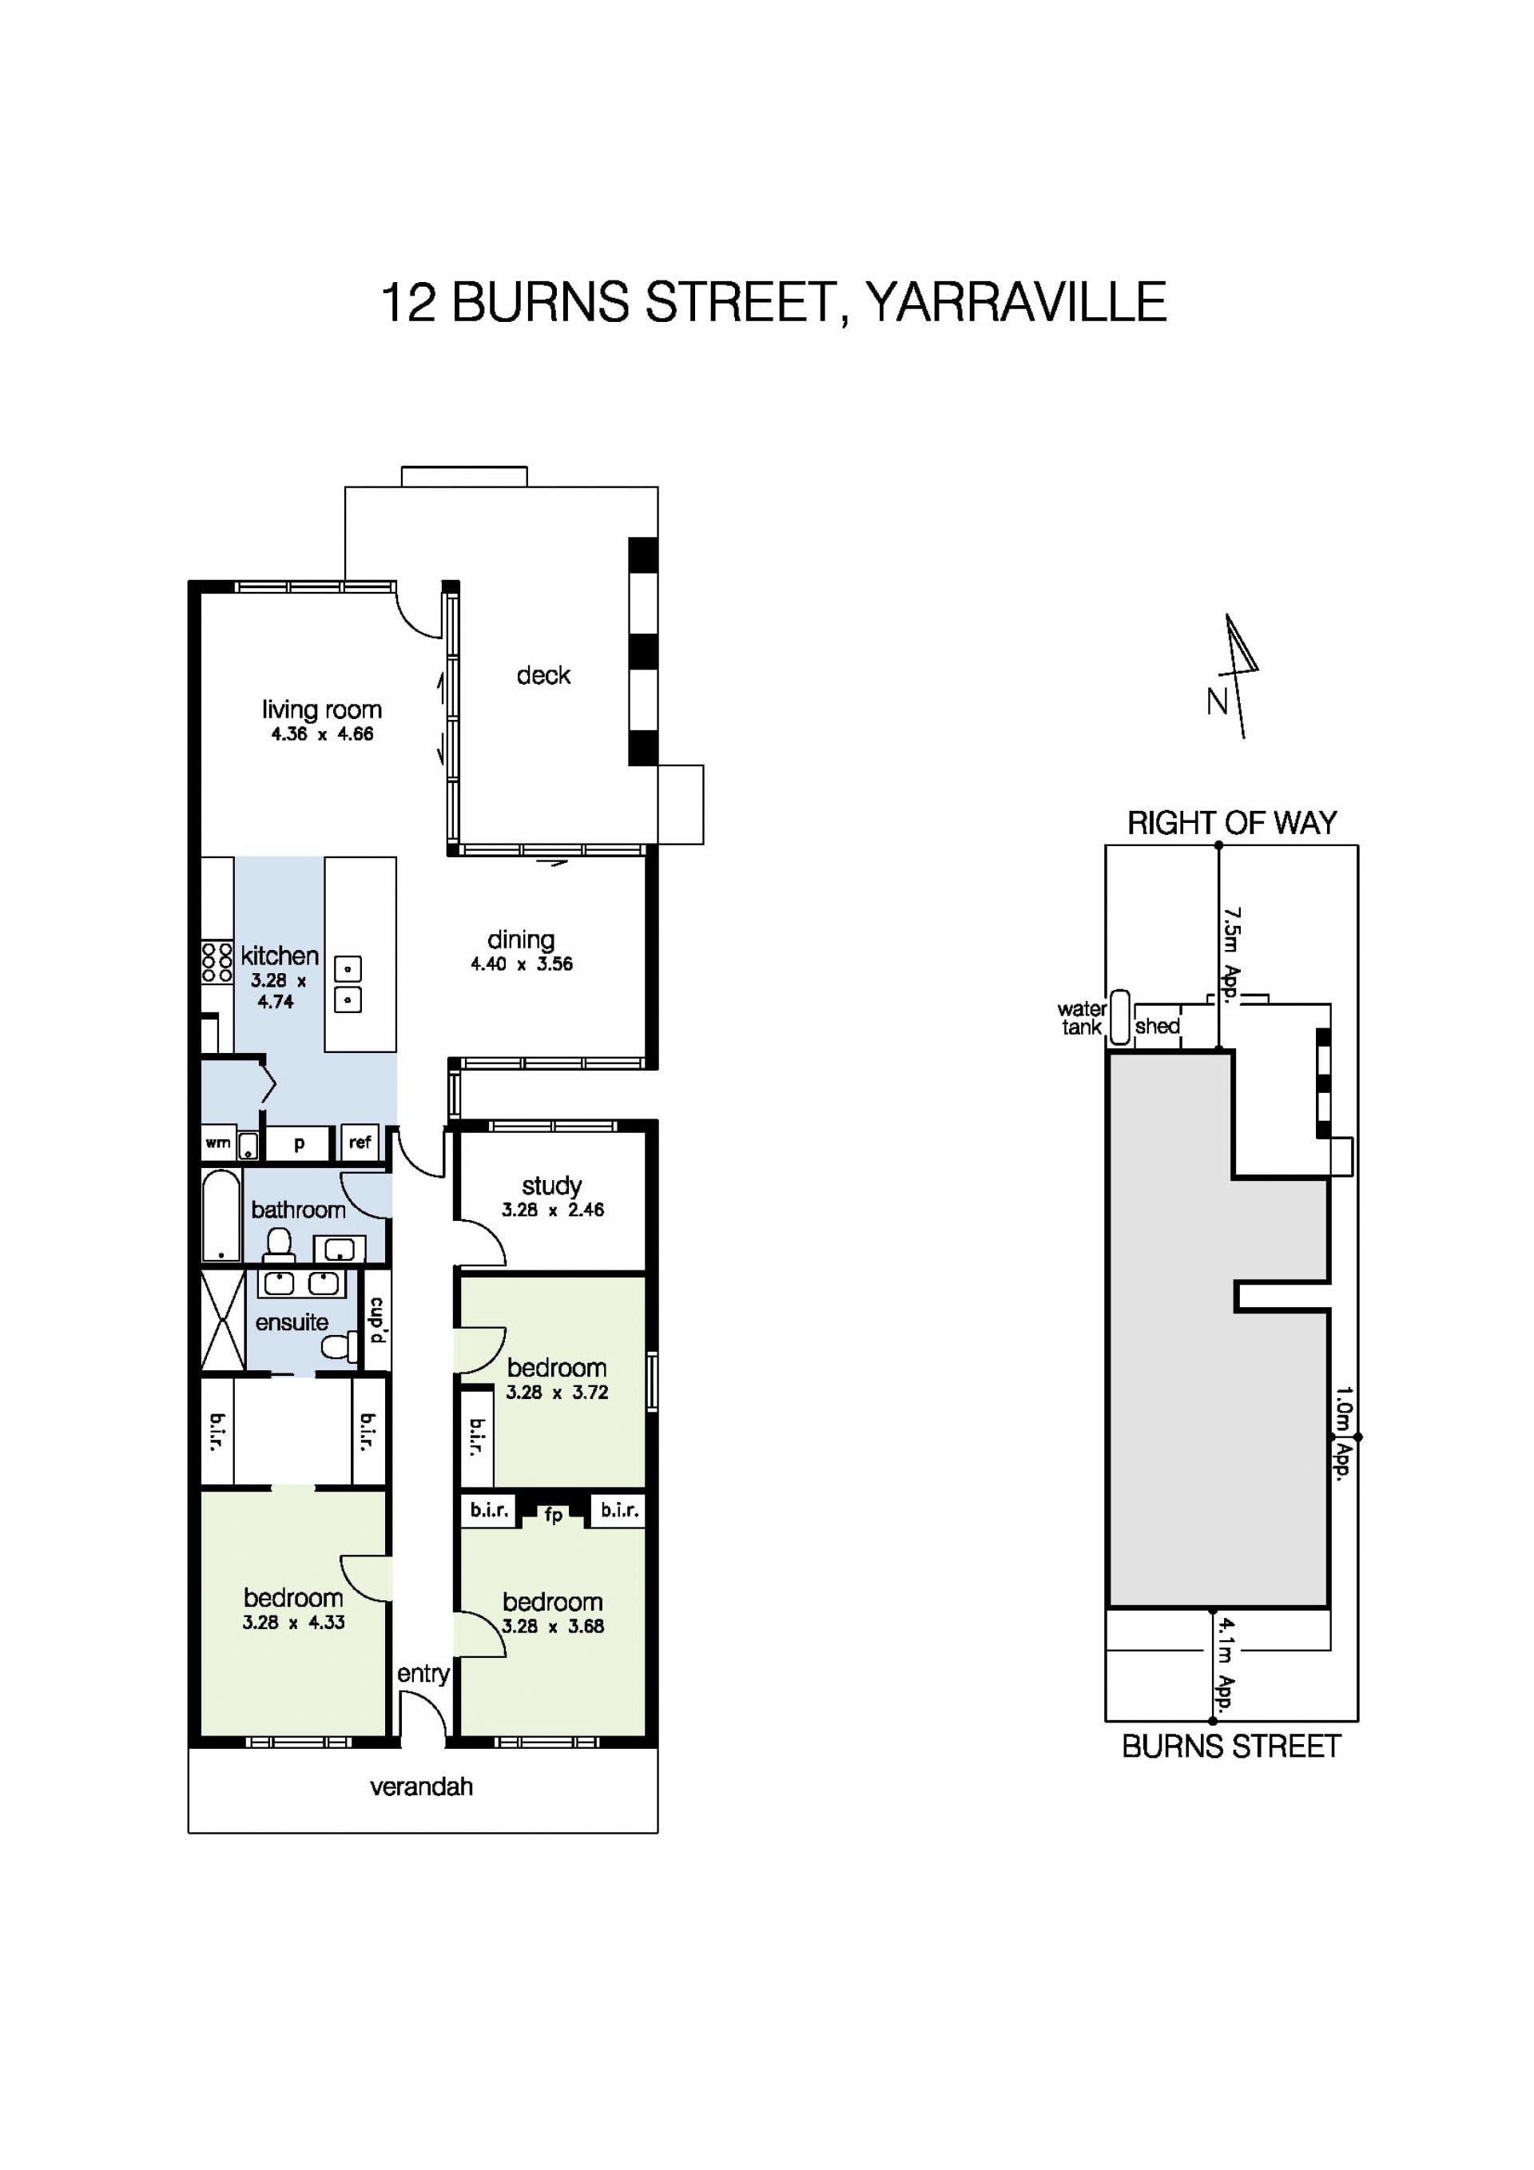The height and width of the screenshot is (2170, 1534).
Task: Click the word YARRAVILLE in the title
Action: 1016,303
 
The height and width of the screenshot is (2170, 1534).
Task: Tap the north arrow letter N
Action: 1218,701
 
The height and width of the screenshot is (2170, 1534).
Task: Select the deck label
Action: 543,675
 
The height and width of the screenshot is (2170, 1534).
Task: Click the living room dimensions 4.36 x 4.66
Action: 322,733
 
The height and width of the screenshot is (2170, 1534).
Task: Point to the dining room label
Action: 521,940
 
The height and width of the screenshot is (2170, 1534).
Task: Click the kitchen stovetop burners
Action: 217,962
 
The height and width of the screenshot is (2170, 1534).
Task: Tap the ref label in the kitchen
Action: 360,1142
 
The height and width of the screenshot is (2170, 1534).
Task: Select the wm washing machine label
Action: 217,1143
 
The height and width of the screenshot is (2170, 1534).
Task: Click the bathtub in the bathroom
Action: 221,1215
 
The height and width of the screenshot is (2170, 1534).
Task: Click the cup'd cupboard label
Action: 377,1319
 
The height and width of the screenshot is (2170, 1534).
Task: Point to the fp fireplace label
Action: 553,1515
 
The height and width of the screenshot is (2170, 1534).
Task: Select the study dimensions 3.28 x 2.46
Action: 553,1209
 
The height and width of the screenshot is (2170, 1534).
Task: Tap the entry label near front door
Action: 423,1673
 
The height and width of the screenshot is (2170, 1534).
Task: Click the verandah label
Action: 422,1786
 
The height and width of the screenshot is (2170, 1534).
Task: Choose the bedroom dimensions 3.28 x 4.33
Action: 293,1622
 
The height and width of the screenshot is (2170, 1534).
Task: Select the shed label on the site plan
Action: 1157,1025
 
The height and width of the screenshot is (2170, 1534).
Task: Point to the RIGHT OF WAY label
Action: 1231,823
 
